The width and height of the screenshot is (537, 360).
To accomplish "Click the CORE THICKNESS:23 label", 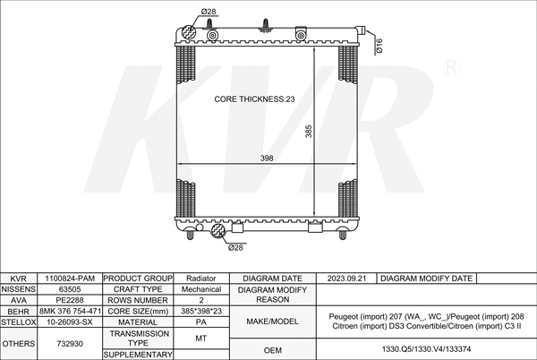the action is [x=254, y=99].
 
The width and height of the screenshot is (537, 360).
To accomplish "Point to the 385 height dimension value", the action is [x=309, y=132].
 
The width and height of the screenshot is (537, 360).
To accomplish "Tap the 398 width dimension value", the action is [x=267, y=158].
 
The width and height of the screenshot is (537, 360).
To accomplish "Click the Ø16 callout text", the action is [x=379, y=46].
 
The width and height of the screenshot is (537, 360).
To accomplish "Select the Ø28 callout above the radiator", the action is [x=209, y=12].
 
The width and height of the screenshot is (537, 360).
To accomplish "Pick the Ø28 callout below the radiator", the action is [x=235, y=247].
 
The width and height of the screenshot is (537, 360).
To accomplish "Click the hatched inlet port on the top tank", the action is [x=188, y=32].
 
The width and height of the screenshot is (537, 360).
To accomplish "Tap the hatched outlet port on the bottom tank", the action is [x=217, y=231].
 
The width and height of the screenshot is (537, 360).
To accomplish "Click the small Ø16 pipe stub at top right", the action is [x=360, y=30].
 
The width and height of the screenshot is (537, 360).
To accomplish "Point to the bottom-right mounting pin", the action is [x=342, y=235].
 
